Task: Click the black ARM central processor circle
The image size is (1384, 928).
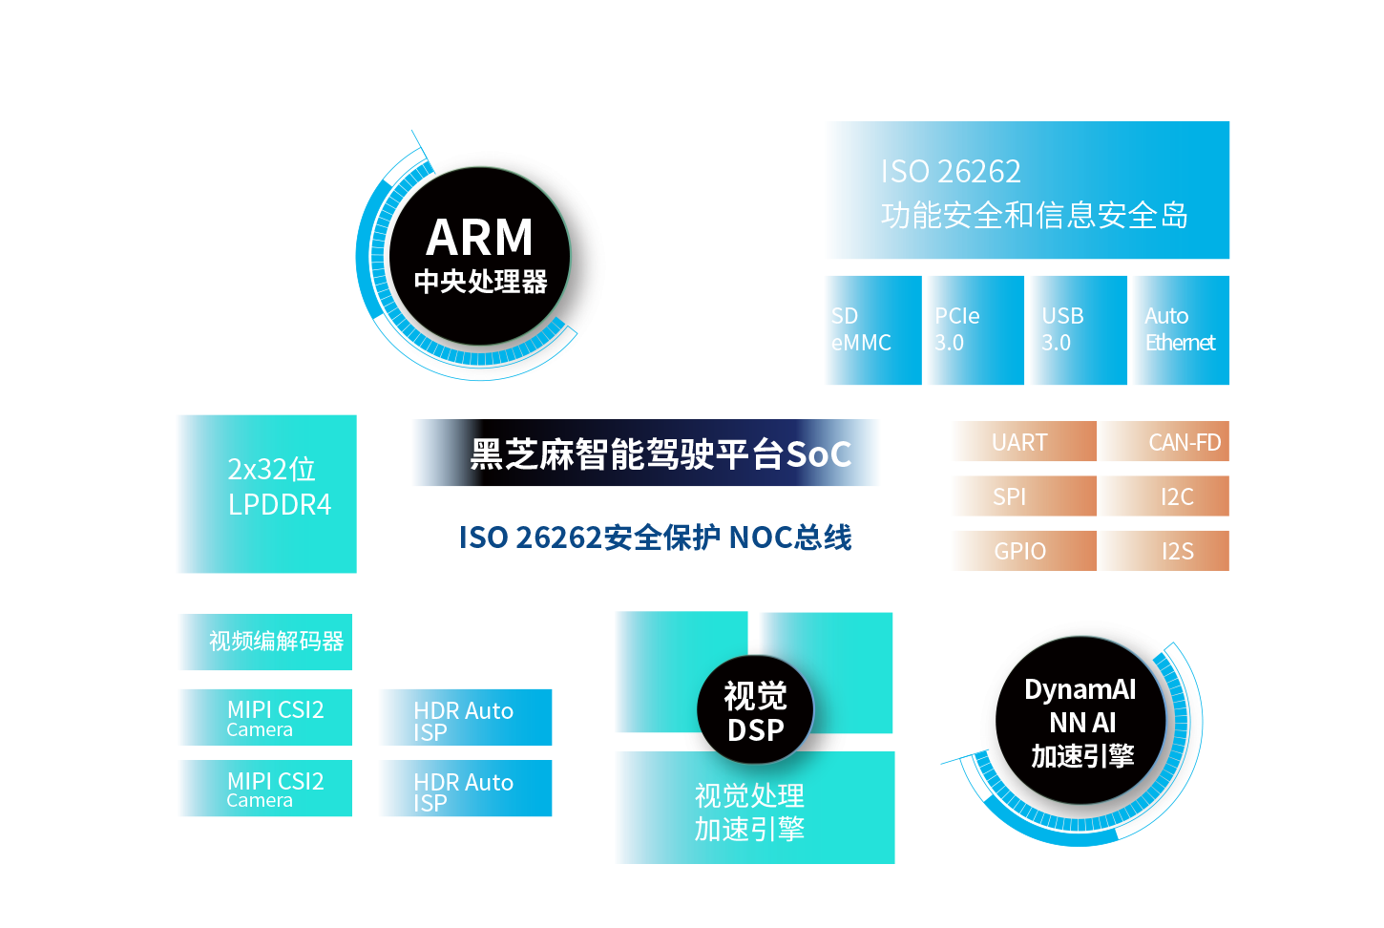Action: point(479,256)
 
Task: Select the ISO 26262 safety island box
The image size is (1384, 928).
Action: point(1028,190)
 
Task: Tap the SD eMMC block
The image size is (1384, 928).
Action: point(873,330)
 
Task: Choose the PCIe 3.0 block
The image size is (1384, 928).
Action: point(976,330)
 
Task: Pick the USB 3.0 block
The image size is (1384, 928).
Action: point(1079,330)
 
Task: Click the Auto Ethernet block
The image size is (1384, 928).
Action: point(1182,330)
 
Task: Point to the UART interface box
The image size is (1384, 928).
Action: point(1024,441)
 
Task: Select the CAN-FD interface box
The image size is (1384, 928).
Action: point(1164,441)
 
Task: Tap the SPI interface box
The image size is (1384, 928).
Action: point(1024,496)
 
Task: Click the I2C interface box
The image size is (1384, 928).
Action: point(1164,496)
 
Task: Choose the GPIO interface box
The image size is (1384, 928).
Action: point(1024,551)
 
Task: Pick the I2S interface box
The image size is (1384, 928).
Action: point(1164,551)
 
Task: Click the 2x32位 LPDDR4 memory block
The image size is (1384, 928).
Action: point(267,494)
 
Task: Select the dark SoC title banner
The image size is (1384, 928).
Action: point(645,453)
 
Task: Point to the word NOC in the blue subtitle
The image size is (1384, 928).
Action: point(760,538)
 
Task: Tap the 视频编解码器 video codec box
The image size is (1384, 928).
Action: point(265,642)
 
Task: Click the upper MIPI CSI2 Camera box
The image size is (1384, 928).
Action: point(265,717)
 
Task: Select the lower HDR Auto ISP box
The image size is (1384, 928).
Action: point(466,789)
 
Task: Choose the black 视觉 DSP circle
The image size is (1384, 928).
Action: point(755,710)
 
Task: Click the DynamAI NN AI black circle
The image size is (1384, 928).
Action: point(1081,721)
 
